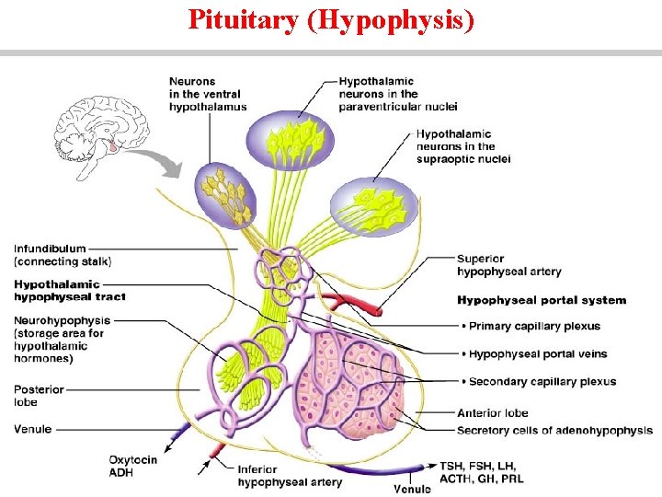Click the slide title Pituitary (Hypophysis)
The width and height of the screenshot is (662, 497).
click(331, 19)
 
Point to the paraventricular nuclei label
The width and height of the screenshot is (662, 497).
click(398, 94)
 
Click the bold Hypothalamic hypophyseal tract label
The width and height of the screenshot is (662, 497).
click(70, 291)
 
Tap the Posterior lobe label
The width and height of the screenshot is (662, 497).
click(39, 396)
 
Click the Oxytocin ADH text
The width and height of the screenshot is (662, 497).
click(133, 466)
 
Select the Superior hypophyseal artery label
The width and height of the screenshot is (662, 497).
click(508, 265)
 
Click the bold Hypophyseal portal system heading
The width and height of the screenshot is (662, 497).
click(542, 300)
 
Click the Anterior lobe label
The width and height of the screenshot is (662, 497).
click(493, 412)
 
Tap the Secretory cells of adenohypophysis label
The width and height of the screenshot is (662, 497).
click(554, 431)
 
